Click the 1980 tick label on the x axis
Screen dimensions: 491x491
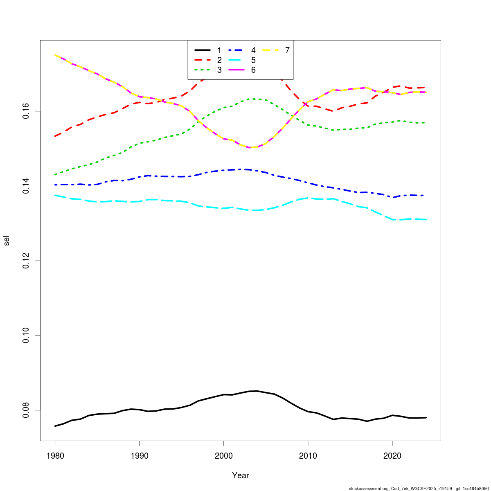[x=55, y=456]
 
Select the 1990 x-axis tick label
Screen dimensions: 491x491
[x=139, y=456]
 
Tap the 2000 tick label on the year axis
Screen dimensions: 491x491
[x=223, y=456]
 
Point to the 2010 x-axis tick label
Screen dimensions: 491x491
[x=308, y=456]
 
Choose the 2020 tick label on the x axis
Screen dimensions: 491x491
[x=392, y=456]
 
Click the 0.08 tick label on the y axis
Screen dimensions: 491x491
[x=25, y=410]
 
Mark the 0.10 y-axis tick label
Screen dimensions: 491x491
[x=25, y=336]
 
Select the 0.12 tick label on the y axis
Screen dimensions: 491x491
[x=25, y=261]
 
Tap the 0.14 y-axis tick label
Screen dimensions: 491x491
[x=25, y=186]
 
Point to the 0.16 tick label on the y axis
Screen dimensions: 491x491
[x=25, y=111]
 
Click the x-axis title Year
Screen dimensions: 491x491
[x=240, y=475]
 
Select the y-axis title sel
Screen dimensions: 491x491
[x=6, y=241]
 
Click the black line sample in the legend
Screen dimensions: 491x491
[x=203, y=50]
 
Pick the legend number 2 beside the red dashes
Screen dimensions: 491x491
[x=219, y=60]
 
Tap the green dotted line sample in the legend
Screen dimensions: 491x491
[x=203, y=70]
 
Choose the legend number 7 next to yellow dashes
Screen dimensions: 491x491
[x=287, y=50]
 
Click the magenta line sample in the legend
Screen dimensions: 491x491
[x=236, y=70]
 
